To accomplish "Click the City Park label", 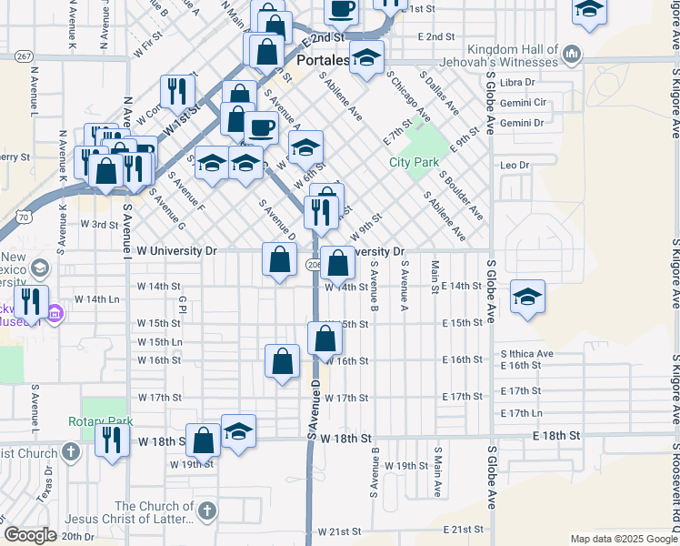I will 414,162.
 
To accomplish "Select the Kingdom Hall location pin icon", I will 571,54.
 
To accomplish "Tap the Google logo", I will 30,535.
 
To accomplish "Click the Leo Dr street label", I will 514,165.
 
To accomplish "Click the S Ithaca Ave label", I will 526,353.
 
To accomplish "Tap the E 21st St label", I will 463,530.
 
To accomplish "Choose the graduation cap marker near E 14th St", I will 527,298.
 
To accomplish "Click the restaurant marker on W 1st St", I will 177,90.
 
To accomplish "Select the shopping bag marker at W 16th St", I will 283,360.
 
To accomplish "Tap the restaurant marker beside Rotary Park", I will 112,440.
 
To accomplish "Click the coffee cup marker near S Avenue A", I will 262,127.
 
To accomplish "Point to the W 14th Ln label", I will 97,298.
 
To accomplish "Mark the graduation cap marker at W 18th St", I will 238,430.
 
